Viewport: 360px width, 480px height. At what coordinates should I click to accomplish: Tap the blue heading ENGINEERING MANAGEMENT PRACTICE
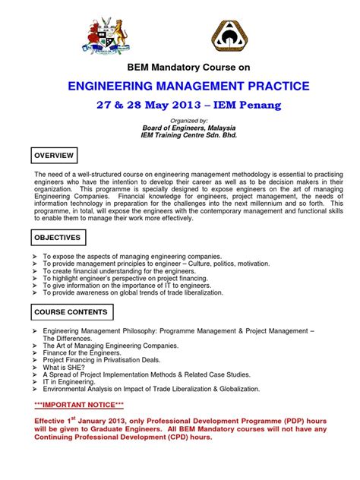180,87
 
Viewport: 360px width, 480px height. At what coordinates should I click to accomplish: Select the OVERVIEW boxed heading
53,156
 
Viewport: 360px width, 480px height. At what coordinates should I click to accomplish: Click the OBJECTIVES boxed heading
56,238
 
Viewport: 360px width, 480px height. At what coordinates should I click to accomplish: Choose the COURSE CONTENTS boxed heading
71,312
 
